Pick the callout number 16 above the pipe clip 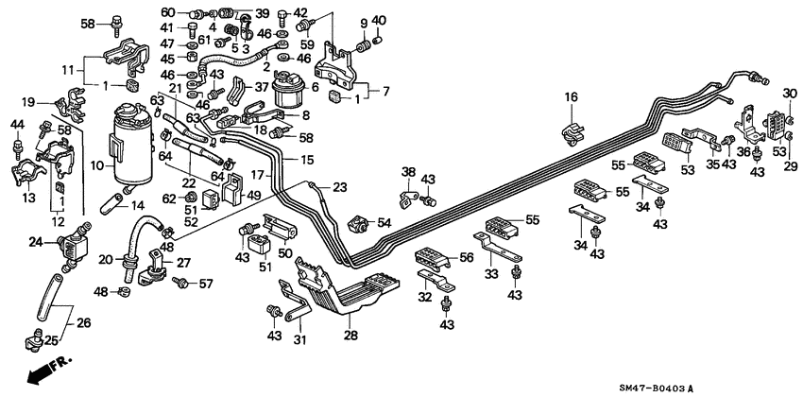click(571, 97)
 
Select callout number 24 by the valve click(36, 243)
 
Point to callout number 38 click(408, 172)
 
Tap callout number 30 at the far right click(789, 92)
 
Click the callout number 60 click(167, 12)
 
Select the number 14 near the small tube click(137, 206)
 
